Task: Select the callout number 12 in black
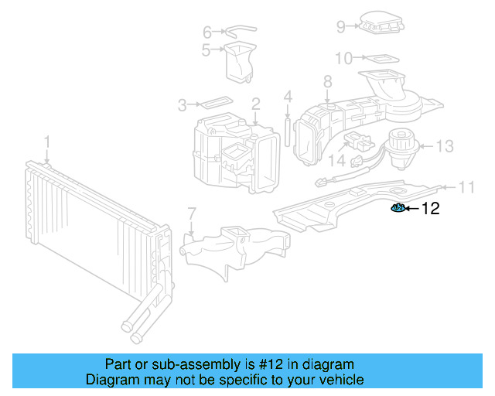click(x=430, y=208)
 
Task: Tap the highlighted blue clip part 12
click(x=398, y=207)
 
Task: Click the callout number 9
click(x=340, y=27)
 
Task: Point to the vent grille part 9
click(x=381, y=24)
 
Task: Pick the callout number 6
click(x=207, y=32)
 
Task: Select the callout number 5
click(x=207, y=51)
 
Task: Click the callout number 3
click(x=183, y=104)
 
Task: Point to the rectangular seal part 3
click(x=215, y=102)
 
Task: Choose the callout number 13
click(x=445, y=145)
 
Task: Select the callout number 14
click(x=336, y=160)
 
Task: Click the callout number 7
click(x=192, y=213)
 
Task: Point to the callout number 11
click(x=466, y=186)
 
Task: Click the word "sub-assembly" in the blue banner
click(x=183, y=364)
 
